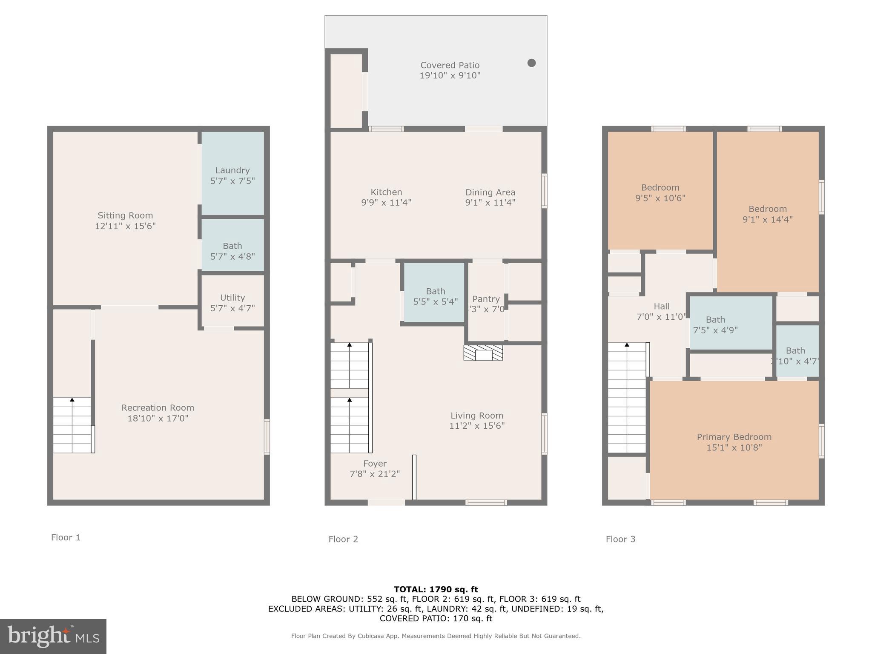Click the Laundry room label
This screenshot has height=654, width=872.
tap(232, 170)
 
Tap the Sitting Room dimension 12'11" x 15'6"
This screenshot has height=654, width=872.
tap(125, 226)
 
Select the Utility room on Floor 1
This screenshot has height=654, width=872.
tap(232, 302)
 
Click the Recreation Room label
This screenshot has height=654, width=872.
tap(158, 407)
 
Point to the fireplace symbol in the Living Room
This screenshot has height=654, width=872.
tap(483, 353)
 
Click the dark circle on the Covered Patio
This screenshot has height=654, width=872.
tap(531, 63)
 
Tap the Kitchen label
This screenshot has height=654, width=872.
tap(386, 192)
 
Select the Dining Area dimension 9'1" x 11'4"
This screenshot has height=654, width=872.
tap(490, 203)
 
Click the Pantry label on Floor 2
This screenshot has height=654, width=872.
tap(486, 299)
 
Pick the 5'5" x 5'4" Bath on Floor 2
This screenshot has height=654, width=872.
tap(435, 296)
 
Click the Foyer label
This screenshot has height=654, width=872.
tap(375, 463)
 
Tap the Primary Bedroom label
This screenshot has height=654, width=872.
tap(734, 437)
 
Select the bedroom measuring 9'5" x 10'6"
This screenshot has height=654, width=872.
tap(660, 192)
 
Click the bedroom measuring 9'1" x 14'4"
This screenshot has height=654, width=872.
tap(767, 214)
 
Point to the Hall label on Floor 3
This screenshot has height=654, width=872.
tap(661, 306)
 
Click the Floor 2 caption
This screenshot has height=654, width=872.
tap(343, 539)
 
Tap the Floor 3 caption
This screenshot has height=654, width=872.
tap(620, 539)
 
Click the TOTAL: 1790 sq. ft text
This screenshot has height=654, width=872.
tap(436, 589)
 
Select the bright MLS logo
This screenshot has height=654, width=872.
tap(53, 636)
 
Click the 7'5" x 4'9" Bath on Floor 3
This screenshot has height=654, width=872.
tap(715, 324)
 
